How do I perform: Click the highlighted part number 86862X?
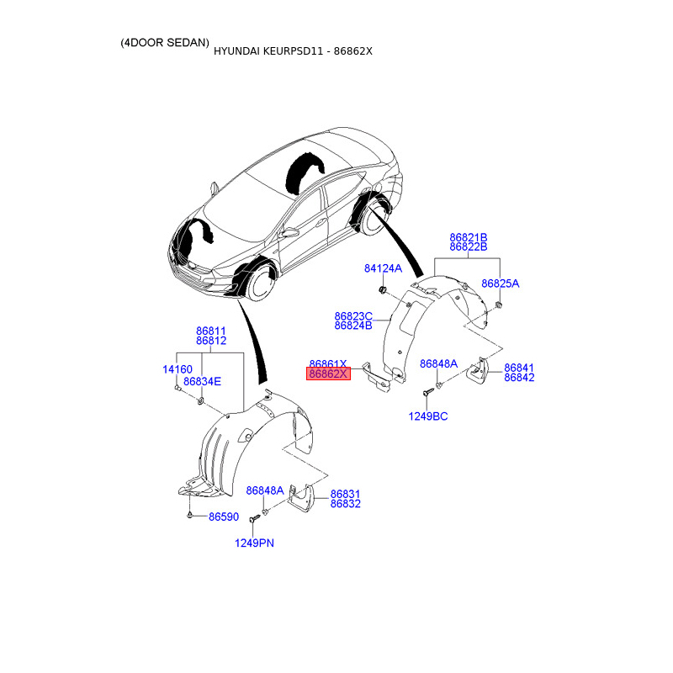[327, 374]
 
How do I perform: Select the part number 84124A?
[383, 269]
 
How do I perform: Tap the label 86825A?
[500, 284]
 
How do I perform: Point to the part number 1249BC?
[429, 416]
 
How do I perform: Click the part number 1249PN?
[254, 543]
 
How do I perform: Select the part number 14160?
[178, 369]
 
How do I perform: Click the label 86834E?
[202, 381]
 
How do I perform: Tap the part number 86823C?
[353, 316]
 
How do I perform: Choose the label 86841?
[519, 368]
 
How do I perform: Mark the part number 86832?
[345, 504]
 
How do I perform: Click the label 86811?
[211, 331]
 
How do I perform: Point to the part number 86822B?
[469, 247]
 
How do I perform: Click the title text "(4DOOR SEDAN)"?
[165, 42]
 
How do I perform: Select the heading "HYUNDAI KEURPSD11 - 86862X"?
[292, 51]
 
